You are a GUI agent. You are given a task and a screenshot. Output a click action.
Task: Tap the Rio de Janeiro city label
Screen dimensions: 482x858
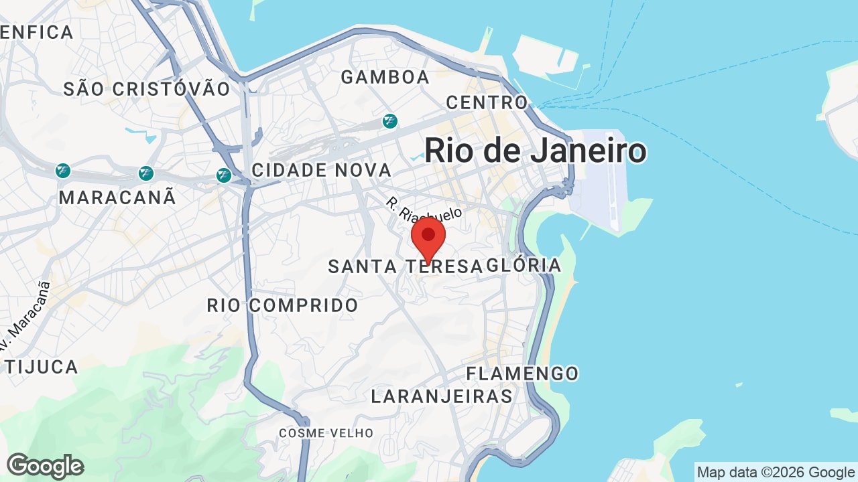point(535,151)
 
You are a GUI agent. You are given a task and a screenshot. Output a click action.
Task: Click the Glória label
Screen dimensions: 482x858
point(525,265)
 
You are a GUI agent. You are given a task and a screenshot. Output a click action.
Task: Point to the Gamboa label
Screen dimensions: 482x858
point(385,78)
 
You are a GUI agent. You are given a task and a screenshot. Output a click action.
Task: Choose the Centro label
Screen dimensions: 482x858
point(487,102)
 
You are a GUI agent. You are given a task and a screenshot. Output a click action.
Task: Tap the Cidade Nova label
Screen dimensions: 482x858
point(321,170)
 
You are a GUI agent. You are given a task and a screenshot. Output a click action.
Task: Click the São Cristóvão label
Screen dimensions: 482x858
point(147,89)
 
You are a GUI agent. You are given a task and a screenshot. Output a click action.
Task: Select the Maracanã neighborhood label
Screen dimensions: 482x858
point(117,197)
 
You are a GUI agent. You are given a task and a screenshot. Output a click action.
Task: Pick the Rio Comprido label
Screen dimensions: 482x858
point(282,305)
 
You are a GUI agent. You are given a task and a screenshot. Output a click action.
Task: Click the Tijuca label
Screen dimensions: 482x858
point(42,367)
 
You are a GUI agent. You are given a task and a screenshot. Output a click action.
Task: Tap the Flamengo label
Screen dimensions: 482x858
point(522,374)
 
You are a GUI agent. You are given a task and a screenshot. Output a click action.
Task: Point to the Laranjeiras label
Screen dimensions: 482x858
point(442,396)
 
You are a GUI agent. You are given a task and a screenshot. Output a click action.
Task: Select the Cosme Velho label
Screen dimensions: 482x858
point(326,433)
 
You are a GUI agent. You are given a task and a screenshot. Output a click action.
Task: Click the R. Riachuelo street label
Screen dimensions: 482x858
point(424,210)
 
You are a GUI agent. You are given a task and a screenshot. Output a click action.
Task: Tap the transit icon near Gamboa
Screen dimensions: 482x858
point(389,121)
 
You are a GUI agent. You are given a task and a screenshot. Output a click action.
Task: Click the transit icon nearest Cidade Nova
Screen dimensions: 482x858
point(224,175)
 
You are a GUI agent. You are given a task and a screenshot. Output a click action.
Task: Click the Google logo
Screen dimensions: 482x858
point(45,466)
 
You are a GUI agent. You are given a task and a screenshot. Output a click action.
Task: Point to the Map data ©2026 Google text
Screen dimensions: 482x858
point(776,473)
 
